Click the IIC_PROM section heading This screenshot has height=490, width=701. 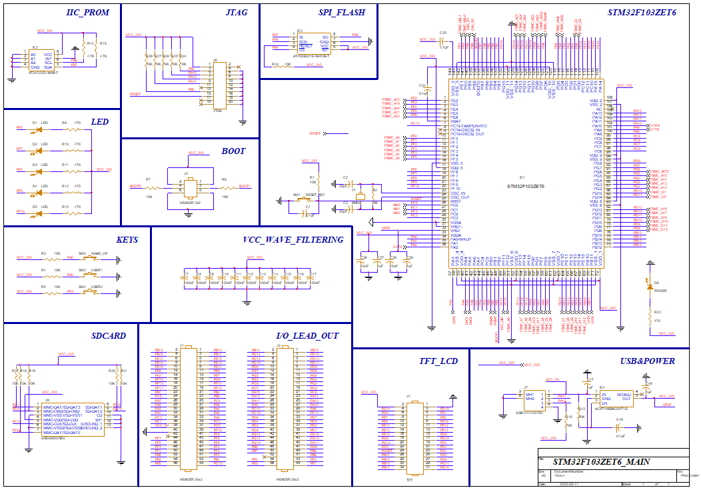click(87, 13)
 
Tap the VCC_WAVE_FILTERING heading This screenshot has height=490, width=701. click(293, 239)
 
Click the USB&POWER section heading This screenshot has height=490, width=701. click(646, 361)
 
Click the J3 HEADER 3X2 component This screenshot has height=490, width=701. click(191, 189)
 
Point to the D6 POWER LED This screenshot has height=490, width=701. click(648, 283)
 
